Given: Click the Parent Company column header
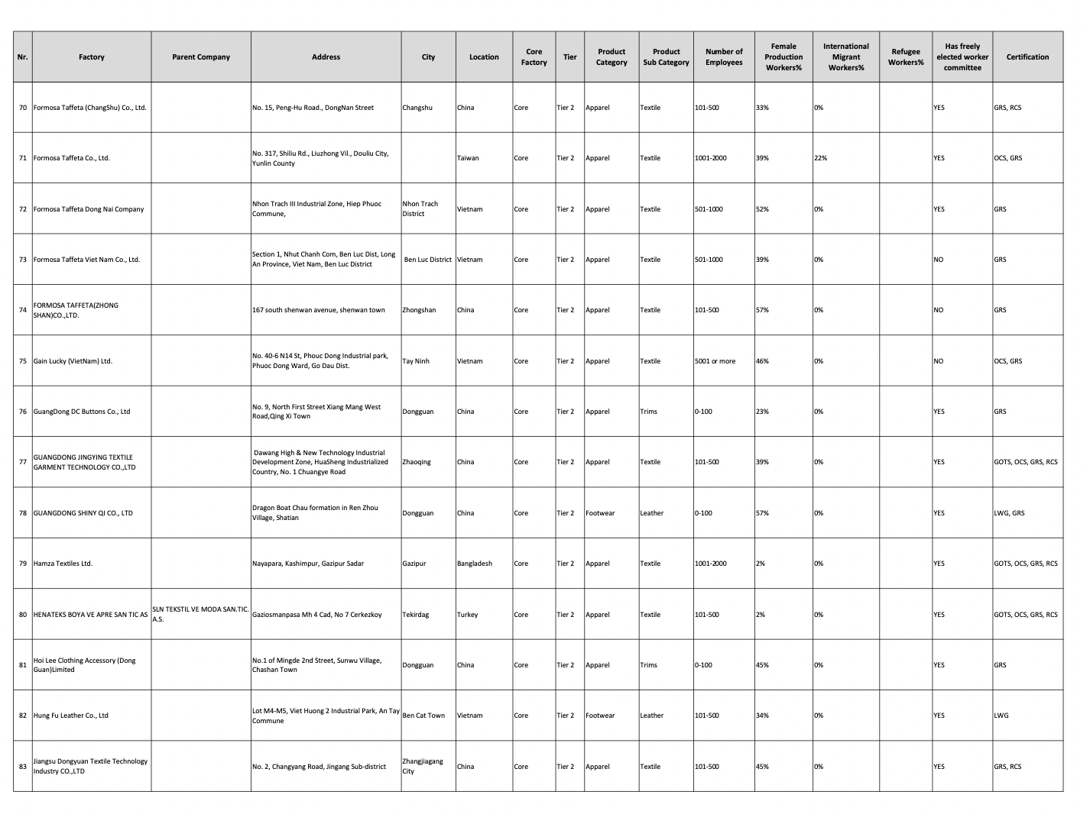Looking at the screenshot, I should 200,57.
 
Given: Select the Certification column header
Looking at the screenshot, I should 1027,57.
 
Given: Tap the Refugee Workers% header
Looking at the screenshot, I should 905,57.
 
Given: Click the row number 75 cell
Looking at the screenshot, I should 23,361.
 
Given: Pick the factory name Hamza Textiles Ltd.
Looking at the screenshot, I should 63,564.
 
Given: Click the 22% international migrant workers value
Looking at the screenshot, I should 820,158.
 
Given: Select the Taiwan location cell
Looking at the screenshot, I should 468,158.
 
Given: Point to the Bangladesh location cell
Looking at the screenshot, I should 474,564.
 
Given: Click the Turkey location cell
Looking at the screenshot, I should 467,615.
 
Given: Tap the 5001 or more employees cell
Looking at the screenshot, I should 715,361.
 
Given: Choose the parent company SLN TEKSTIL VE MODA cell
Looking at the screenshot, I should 200,614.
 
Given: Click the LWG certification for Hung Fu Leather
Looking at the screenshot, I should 1001,715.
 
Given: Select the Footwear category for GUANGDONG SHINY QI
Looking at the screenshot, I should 600,513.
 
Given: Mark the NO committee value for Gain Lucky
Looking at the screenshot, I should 938,361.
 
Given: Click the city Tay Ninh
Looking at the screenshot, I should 416,361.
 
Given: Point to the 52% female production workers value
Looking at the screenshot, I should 762,209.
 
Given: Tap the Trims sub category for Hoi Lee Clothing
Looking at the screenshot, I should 648,665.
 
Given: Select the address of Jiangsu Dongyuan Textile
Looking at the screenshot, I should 319,767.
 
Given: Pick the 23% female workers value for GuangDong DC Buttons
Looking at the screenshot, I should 762,412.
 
